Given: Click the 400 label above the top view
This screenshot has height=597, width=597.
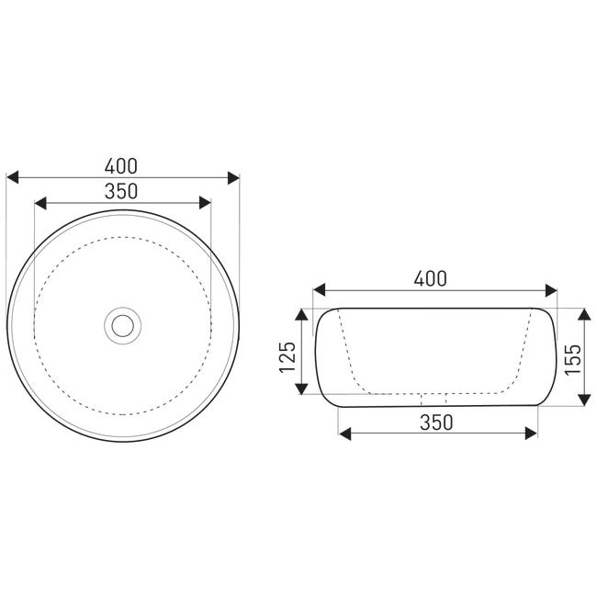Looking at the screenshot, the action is (120, 166).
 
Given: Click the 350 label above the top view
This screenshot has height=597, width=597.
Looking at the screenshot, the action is (120, 191).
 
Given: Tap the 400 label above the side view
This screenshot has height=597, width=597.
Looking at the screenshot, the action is (430, 278).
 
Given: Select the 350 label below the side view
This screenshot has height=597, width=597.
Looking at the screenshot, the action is (436, 422).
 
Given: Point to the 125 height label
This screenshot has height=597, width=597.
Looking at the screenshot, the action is (287, 357).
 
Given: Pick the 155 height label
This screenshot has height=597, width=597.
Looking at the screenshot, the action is (572, 360).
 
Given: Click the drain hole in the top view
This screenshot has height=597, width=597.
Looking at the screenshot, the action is (122, 325).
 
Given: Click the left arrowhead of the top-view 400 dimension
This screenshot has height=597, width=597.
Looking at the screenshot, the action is (13, 177).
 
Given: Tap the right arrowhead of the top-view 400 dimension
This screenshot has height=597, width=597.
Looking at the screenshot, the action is (233, 177).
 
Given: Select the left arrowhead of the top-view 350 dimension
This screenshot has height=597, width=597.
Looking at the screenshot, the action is (40, 203).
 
